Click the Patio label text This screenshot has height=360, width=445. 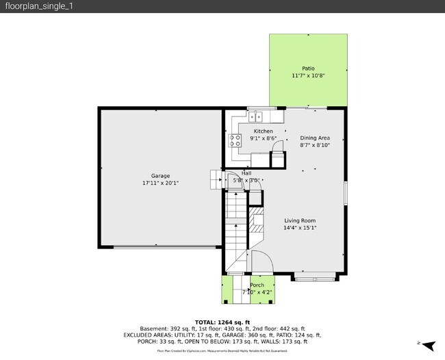click(308, 68)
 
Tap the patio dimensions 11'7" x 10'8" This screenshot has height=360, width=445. click(308, 75)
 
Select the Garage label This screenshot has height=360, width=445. click(161, 176)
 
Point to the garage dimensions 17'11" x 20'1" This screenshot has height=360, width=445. click(161, 183)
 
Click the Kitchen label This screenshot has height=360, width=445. click(264, 131)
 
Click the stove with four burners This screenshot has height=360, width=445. click(236, 141)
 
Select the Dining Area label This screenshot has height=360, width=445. click(315, 138)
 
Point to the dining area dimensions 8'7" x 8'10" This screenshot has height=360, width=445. click(315, 145)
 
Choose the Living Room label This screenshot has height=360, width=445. click(300, 220)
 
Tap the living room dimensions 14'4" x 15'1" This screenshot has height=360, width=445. click(300, 228)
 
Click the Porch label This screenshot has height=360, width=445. click(257, 285)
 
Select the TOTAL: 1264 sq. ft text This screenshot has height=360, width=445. click(222, 322)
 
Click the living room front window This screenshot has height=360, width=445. click(315, 277)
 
